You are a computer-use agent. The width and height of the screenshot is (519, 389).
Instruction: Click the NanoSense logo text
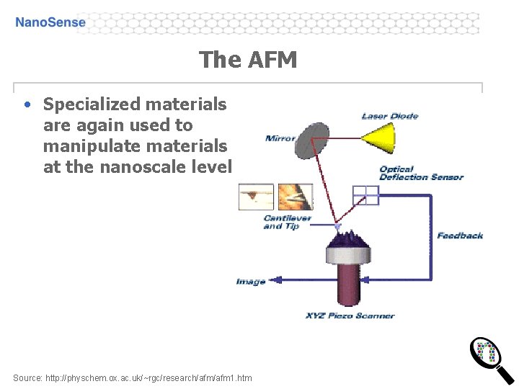(50, 22)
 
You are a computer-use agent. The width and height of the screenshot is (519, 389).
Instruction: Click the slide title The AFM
(247, 60)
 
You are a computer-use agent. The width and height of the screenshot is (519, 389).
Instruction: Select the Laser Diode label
(389, 116)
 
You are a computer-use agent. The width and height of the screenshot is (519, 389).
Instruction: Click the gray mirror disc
(312, 140)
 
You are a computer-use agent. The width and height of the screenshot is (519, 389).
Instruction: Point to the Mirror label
(280, 138)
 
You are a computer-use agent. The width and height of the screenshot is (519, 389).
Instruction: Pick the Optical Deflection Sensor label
(421, 174)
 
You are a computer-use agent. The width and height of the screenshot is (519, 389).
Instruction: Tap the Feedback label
(459, 236)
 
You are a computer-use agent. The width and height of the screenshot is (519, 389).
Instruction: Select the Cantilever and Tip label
(287, 222)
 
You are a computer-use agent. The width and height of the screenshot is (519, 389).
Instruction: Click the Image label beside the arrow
(251, 282)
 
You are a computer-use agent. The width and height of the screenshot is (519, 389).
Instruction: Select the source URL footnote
(133, 377)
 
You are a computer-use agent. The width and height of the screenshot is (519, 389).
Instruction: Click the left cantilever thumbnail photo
(257, 197)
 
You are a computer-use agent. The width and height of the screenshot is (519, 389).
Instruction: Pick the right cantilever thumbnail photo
(295, 197)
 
